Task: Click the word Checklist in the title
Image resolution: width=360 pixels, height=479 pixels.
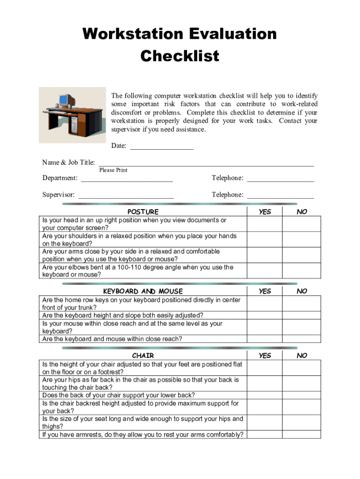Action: (x=180, y=56)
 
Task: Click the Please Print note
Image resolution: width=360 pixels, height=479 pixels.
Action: (x=113, y=170)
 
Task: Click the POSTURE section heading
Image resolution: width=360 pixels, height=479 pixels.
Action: (x=143, y=212)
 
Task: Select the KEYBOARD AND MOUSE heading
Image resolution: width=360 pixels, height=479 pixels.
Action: (x=143, y=291)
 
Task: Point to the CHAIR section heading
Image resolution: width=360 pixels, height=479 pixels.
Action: (x=143, y=356)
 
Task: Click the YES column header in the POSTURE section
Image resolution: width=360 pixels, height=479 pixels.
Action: (x=265, y=212)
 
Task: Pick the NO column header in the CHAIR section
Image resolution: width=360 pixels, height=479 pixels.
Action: (x=302, y=356)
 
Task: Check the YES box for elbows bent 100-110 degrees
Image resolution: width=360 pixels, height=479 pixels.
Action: (x=265, y=271)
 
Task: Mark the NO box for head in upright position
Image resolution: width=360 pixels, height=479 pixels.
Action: (x=302, y=224)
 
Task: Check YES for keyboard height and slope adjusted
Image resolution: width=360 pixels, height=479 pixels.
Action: (x=265, y=315)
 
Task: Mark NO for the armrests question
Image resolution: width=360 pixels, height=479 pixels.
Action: (x=302, y=435)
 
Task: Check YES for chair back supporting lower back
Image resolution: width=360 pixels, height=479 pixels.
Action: (x=265, y=395)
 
